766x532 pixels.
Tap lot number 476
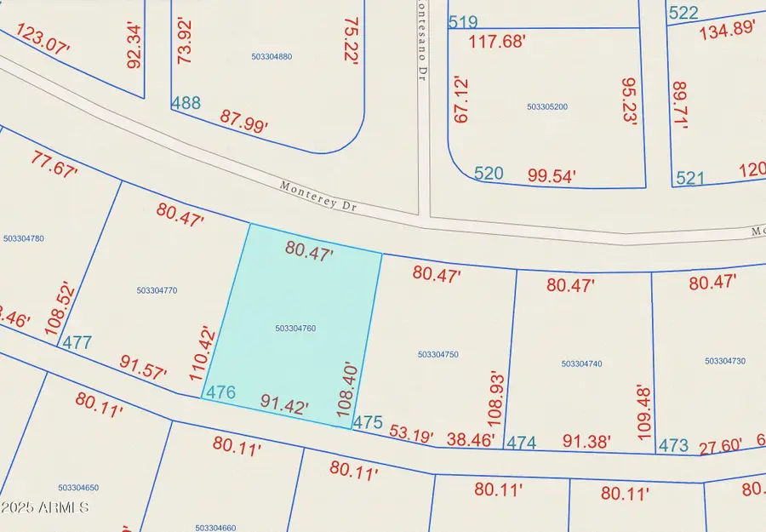click(219, 392)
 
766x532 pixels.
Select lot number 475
click(368, 422)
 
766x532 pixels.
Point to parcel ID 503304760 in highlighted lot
click(296, 329)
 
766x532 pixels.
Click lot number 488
click(186, 103)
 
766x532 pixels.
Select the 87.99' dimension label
click(243, 120)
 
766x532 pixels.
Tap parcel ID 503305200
click(547, 107)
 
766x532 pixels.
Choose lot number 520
click(489, 174)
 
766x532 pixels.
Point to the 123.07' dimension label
click(41, 38)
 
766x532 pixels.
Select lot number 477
click(77, 342)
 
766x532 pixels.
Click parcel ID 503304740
click(582, 363)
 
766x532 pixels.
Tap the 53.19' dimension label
click(411, 433)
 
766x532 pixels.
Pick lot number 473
click(672, 445)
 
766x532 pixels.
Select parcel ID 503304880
click(272, 57)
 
